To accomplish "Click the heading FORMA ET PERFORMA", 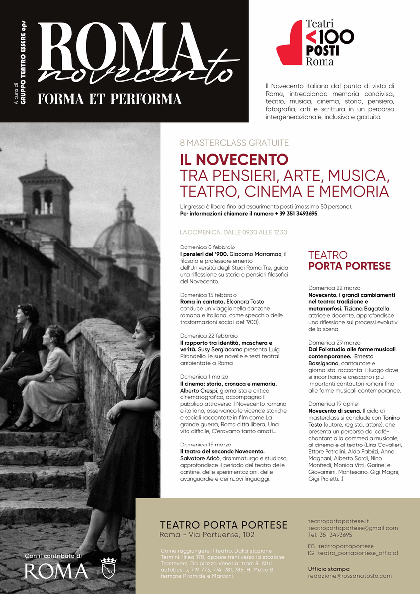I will pyautogui.click(x=109, y=99).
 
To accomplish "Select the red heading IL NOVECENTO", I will pyautogui.click(x=233, y=160).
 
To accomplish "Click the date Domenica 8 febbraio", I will pyautogui.click(x=207, y=247).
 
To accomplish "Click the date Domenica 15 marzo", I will pyautogui.click(x=205, y=445).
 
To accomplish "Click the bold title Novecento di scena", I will pyautogui.click(x=334, y=411).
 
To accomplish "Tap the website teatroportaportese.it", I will pyautogui.click(x=338, y=521).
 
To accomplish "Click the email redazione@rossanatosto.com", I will pyautogui.click(x=349, y=576).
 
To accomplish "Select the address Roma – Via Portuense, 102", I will pyautogui.click(x=207, y=535).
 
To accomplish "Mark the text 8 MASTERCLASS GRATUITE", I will pyautogui.click(x=234, y=143).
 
